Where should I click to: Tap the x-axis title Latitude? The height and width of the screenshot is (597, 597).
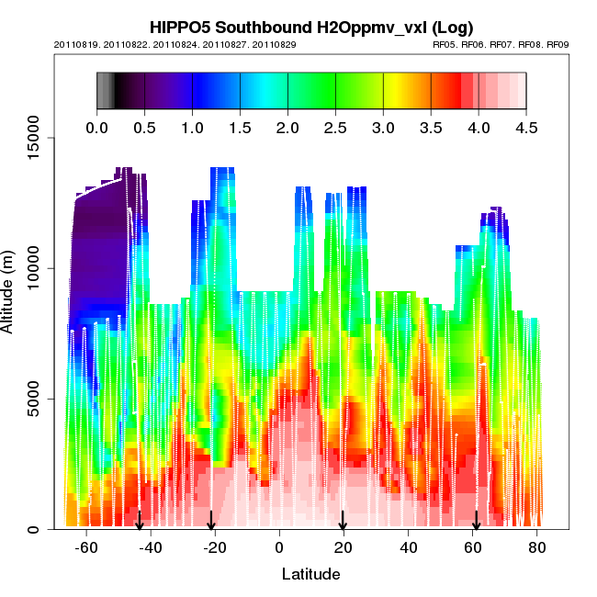tap(310, 574)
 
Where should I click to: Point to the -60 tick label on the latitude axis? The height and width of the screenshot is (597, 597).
tap(86, 548)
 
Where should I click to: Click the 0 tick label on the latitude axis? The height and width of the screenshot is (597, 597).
tap(279, 548)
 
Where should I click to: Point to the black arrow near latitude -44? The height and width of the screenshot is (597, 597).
tap(140, 522)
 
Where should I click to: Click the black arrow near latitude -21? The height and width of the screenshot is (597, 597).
tap(211, 522)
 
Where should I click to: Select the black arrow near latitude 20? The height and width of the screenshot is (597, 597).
tap(343, 522)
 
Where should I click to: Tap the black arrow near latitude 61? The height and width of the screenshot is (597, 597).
tap(476, 522)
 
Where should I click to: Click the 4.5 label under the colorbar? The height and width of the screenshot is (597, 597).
tap(526, 128)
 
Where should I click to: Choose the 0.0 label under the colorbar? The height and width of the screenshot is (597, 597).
tap(96, 128)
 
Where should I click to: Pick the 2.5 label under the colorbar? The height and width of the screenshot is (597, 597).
tap(335, 128)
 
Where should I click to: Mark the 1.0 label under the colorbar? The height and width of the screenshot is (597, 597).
tap(192, 128)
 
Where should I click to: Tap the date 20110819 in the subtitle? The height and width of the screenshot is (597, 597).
tap(77, 44)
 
